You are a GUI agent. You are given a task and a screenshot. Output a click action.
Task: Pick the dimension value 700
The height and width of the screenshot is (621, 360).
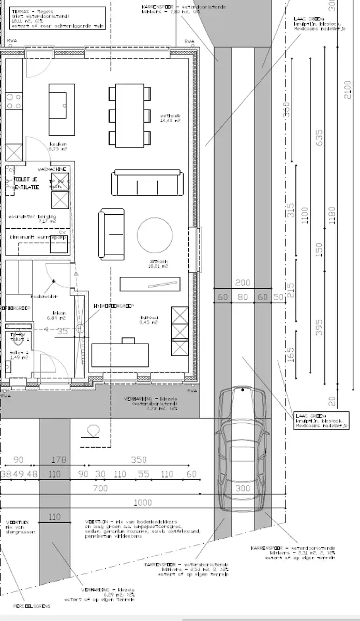(x=100, y=488)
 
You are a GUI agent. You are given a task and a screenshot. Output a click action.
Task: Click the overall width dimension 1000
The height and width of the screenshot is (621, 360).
(x=143, y=502)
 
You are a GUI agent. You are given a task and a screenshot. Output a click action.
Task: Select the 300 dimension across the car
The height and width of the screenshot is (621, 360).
(x=242, y=488)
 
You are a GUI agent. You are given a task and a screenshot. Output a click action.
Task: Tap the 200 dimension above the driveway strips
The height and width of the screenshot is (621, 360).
(x=242, y=283)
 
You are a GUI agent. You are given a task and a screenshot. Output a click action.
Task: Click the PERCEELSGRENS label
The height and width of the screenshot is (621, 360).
(x=14, y=605)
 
